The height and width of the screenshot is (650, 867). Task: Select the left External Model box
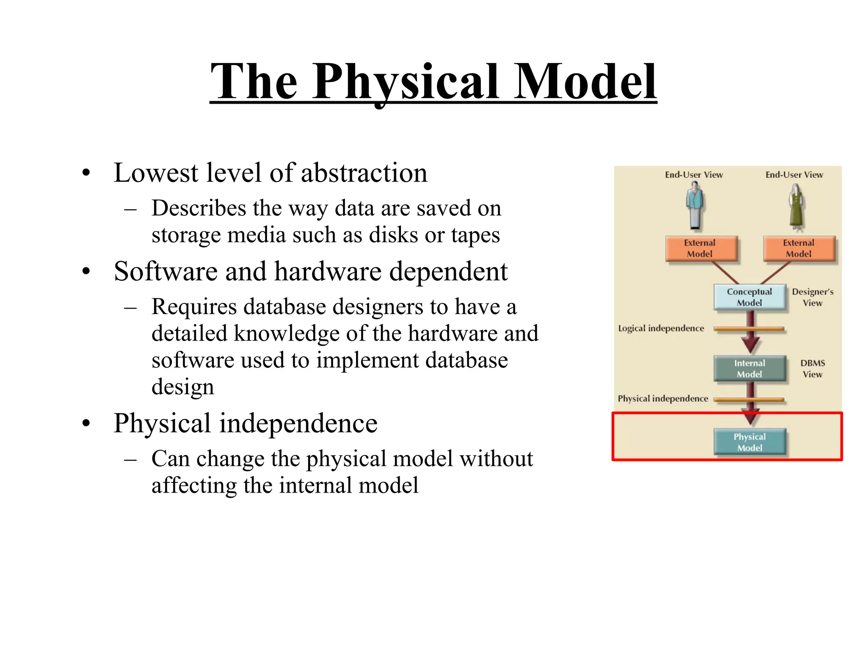[x=701, y=248]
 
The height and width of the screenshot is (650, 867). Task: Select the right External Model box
[x=799, y=248]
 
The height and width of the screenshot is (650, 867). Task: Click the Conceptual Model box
[x=749, y=297]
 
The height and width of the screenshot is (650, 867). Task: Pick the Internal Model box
[x=749, y=369]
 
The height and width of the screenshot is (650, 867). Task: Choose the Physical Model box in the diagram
[x=749, y=442]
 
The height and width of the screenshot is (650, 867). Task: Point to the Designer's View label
[x=812, y=297]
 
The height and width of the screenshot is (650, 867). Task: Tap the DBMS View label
[x=812, y=369]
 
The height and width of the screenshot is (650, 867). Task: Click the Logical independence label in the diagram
[x=661, y=328]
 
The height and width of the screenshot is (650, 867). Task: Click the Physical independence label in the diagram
[x=663, y=399]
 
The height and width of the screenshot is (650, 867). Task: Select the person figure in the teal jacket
[x=695, y=205]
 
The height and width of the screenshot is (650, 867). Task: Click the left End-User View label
[x=693, y=175]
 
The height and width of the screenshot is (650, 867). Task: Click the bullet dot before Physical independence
[x=86, y=424]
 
